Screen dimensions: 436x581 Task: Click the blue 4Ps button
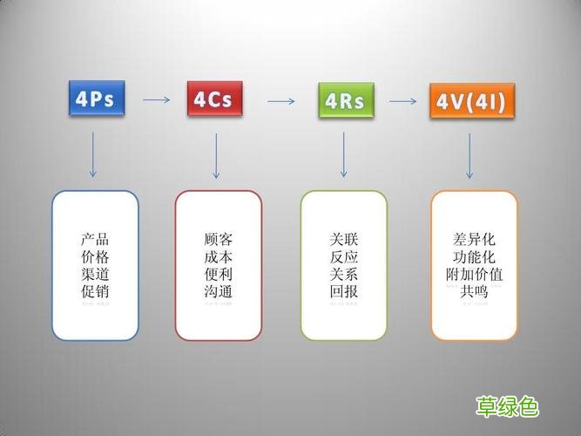click(96, 99)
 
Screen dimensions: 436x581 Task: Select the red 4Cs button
click(213, 99)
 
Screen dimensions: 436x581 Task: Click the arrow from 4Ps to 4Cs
click(156, 99)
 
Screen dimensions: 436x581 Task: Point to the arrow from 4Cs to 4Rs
click(280, 102)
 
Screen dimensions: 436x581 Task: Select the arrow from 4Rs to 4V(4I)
click(403, 102)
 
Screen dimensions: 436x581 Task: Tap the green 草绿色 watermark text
click(507, 406)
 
